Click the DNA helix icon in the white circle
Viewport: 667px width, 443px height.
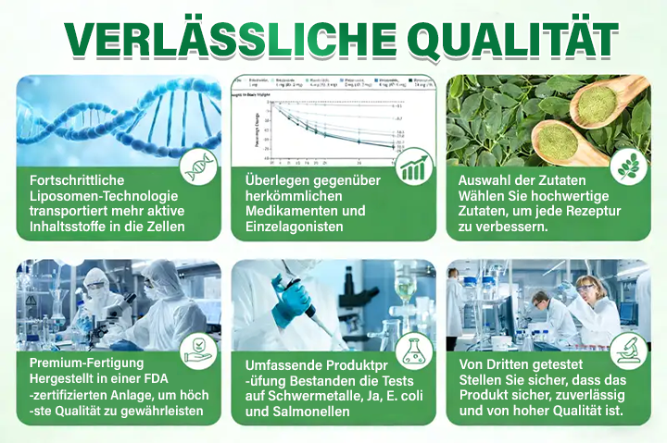200,167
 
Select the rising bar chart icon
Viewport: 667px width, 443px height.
414,166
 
